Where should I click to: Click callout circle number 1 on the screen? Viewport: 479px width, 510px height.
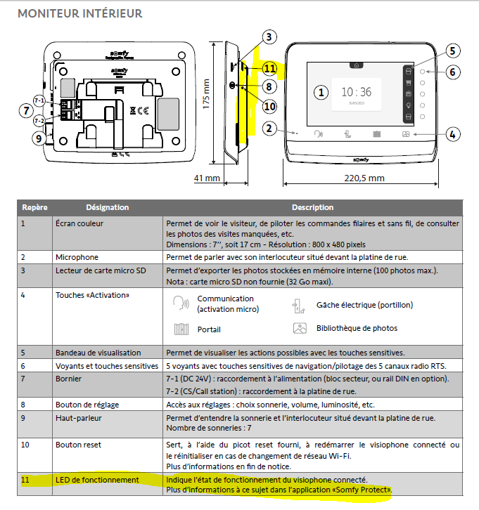[321, 92]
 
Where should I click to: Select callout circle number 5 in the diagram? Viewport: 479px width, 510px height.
[452, 51]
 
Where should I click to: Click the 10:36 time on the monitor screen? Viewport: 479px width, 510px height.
[356, 92]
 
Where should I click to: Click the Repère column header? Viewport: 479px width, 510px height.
[34, 208]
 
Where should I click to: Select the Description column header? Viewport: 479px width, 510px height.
[312, 208]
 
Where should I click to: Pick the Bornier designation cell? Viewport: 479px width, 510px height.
[68, 379]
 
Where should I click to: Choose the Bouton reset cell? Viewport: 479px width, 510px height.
[79, 445]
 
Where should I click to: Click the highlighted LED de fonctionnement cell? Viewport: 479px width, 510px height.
[97, 480]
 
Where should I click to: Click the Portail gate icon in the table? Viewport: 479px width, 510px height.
[181, 328]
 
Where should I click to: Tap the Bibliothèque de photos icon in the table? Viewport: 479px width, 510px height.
[300, 328]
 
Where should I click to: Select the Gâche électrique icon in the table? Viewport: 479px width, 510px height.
[298, 306]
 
